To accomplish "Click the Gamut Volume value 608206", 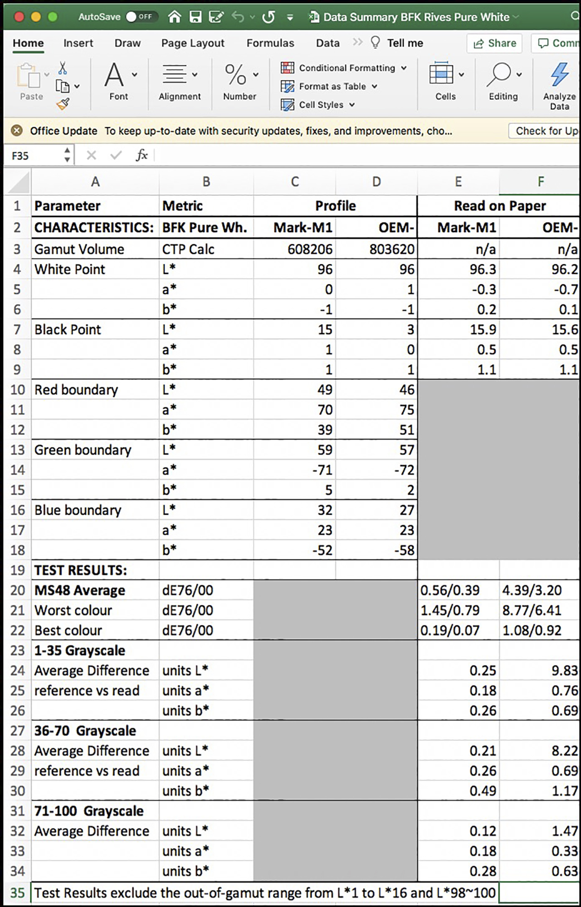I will click(310, 249).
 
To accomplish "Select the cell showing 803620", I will click(392, 249).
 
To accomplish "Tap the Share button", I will click(495, 43).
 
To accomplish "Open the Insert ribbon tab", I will click(78, 43).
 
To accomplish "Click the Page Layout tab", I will click(193, 43).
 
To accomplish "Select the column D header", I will click(376, 182).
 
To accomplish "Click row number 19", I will click(17, 570).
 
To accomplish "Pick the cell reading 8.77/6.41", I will click(532, 610).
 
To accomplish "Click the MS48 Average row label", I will click(80, 590).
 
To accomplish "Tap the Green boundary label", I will click(83, 450).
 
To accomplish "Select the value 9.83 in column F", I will click(564, 671).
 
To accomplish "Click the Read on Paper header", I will click(500, 206).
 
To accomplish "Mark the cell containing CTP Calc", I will click(188, 249).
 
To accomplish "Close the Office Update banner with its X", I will click(17, 131).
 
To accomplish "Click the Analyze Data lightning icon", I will click(559, 75).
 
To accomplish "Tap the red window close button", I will click(19, 17).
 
